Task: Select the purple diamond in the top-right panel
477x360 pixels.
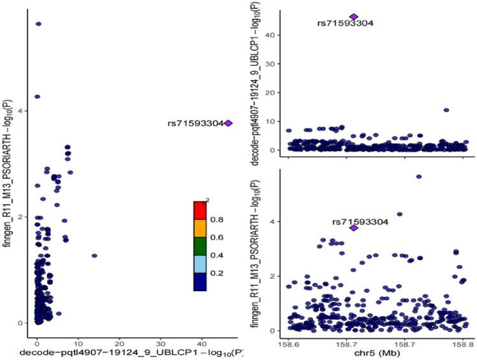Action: pos(353,17)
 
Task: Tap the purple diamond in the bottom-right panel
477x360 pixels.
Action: pos(354,227)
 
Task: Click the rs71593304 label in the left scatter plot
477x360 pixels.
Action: pos(196,124)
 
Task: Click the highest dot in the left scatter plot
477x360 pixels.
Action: pos(38,24)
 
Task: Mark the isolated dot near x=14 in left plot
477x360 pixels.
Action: pos(94,256)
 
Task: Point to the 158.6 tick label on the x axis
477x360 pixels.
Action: pos(288,342)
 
